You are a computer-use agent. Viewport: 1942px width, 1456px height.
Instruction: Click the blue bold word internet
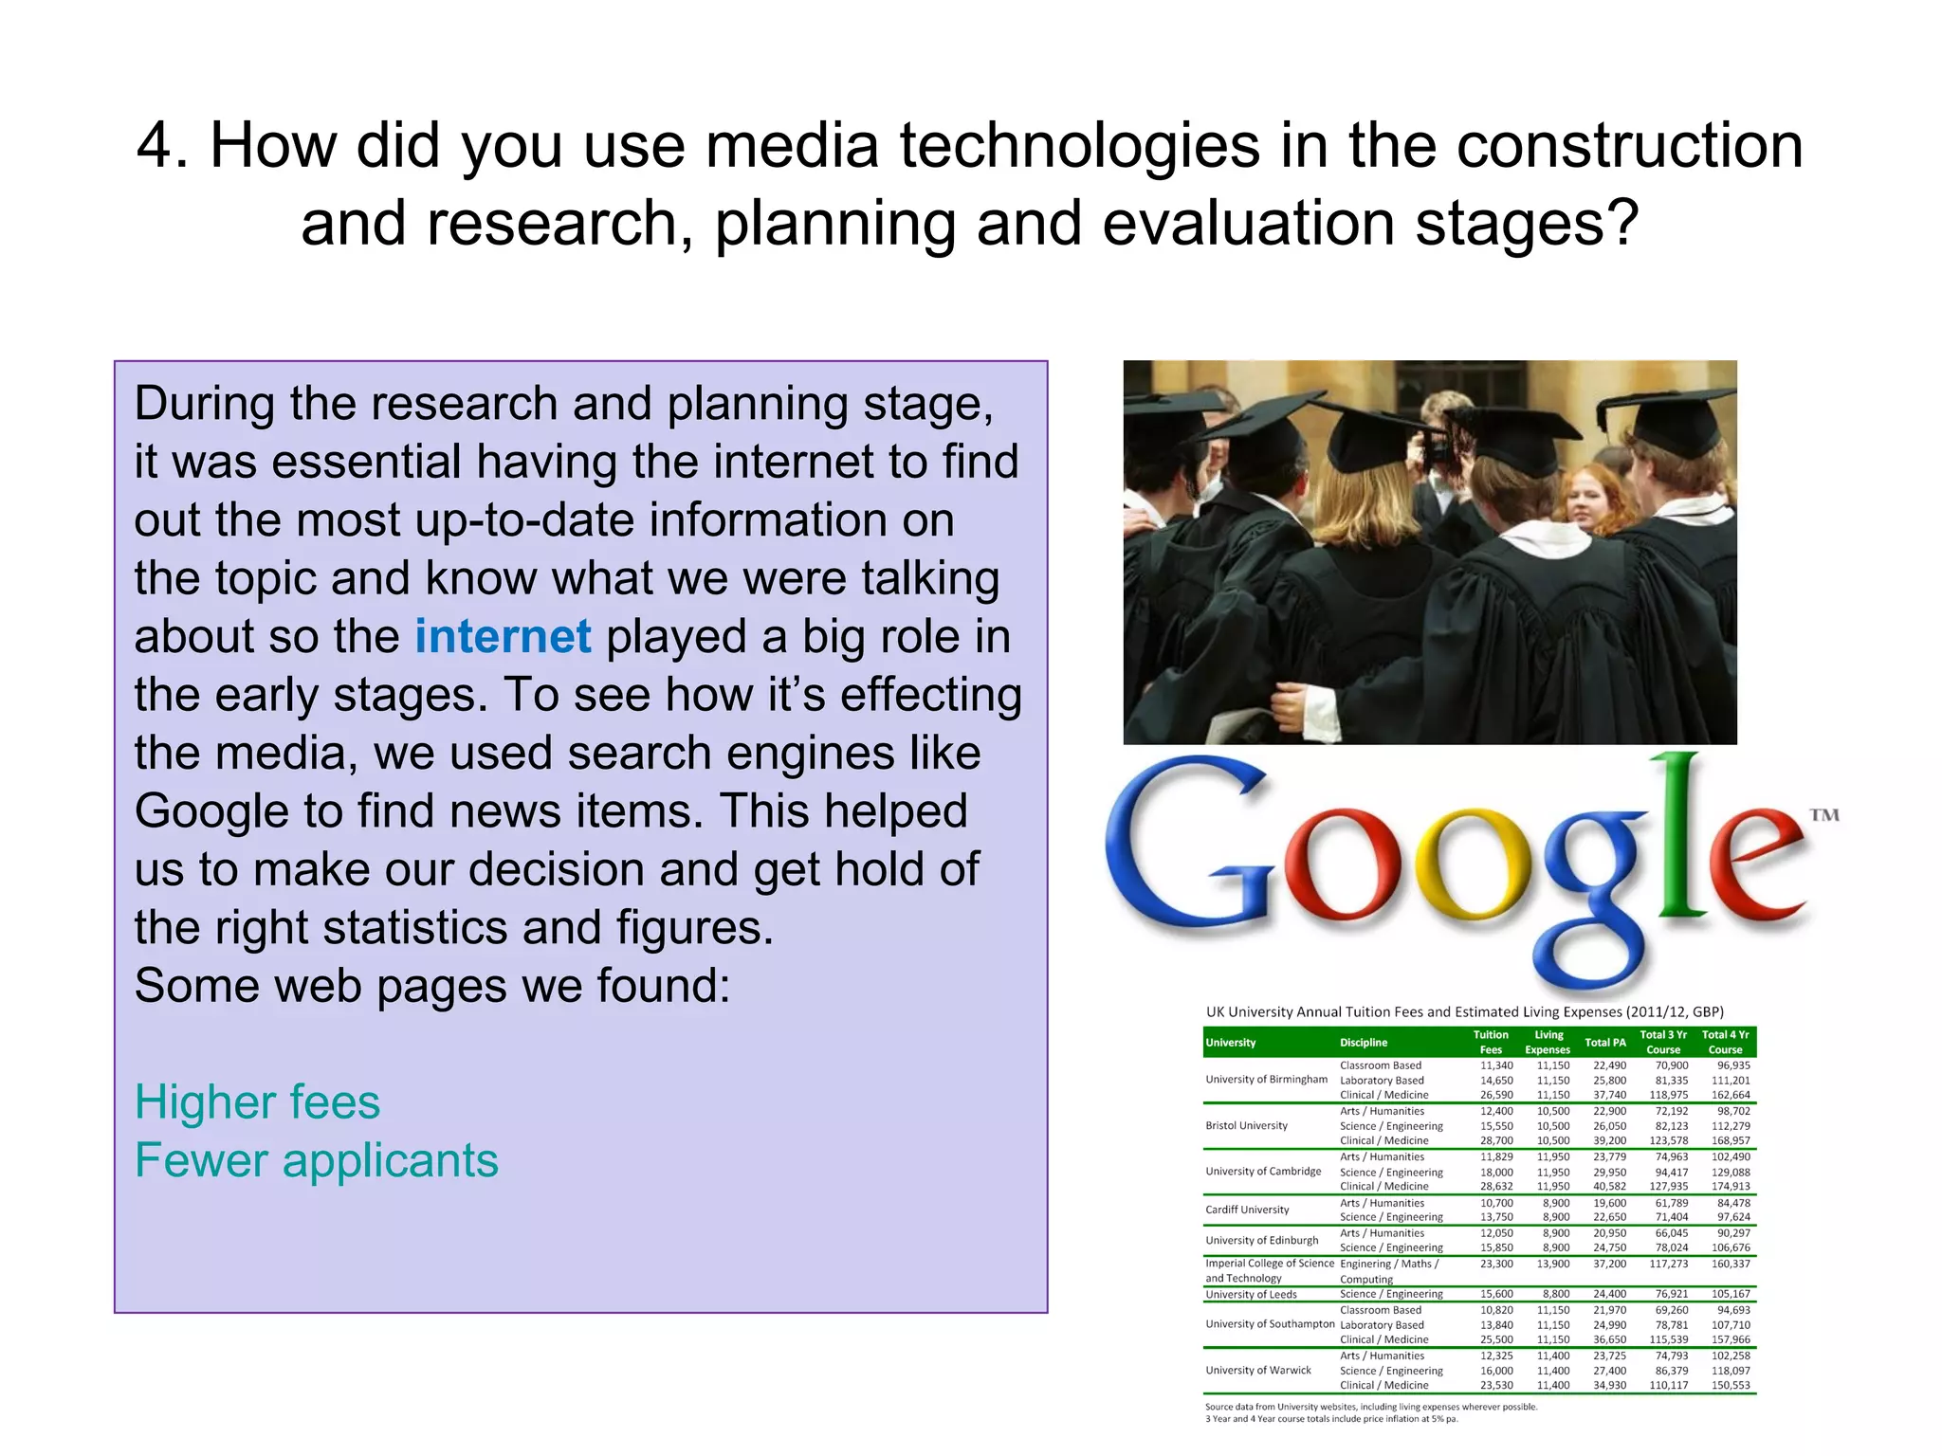[503, 636]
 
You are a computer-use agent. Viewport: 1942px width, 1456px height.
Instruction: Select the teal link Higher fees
[257, 1101]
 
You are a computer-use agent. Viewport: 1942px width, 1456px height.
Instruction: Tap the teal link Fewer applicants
[316, 1160]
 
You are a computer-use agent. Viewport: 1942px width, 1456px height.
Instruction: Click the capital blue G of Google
[1189, 844]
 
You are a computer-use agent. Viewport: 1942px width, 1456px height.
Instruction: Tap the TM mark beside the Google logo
[1823, 814]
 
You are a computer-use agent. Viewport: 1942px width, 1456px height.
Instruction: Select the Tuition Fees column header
[1491, 1042]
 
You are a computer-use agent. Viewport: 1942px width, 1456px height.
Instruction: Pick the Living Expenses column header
[1548, 1042]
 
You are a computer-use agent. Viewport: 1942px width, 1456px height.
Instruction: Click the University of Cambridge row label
[1262, 1172]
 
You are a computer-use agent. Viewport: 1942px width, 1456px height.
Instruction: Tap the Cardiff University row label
[1247, 1210]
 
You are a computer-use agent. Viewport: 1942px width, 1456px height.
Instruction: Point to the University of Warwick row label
[1257, 1370]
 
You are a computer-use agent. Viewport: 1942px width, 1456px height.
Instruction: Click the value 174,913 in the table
[1731, 1187]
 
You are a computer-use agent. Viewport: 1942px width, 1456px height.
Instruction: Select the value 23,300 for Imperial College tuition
[1496, 1264]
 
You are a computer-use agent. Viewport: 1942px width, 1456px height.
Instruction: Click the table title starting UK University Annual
[1464, 1011]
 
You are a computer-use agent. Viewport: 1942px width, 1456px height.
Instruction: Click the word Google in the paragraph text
[211, 811]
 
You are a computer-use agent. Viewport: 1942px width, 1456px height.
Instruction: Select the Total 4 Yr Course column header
[1725, 1042]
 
